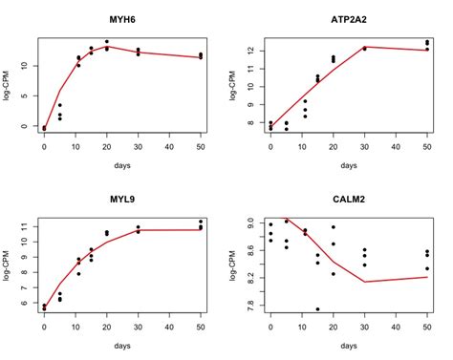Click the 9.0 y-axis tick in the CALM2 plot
(x=251, y=222)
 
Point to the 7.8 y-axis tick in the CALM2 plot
(x=251, y=307)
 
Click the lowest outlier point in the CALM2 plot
(x=317, y=308)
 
